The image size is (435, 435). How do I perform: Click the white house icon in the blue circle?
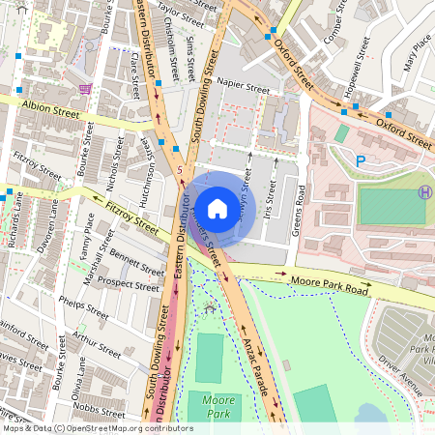[x=217, y=209]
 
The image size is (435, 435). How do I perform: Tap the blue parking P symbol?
[x=361, y=161]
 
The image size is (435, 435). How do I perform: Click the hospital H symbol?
[x=424, y=192]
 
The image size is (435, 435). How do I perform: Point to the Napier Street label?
[x=243, y=86]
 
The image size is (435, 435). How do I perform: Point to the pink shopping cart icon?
[x=87, y=88]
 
